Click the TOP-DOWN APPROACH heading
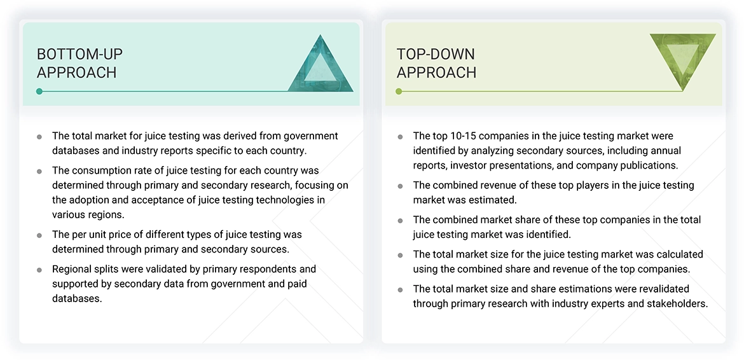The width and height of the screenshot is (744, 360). [x=436, y=63]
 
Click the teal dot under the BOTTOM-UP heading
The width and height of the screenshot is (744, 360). [x=39, y=92]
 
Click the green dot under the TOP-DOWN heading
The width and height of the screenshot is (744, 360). [x=399, y=92]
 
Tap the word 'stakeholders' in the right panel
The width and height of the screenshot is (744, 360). [x=675, y=303]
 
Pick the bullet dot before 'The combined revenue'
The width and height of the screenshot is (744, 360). [x=400, y=186]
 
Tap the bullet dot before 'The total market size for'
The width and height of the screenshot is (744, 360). [x=400, y=255]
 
